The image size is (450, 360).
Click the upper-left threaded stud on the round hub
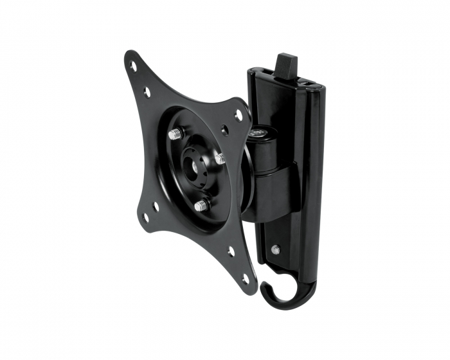tap(175, 134)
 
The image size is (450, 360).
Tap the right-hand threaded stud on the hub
tap(220, 158)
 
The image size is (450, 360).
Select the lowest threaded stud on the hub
tap(201, 206)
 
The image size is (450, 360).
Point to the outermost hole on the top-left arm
tap(133, 66)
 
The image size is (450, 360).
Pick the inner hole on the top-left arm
tap(147, 92)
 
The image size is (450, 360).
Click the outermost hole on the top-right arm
tap(239, 116)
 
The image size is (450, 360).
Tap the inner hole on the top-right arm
tap(225, 130)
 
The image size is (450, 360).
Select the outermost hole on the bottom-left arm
tap(145, 217)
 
